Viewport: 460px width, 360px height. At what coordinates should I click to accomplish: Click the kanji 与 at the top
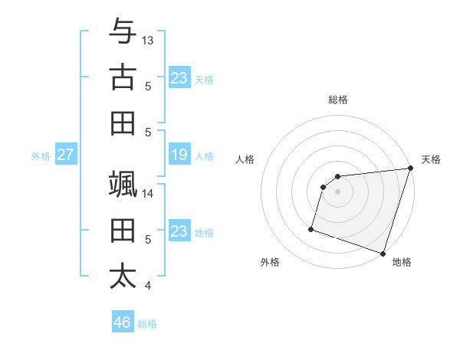point(123,31)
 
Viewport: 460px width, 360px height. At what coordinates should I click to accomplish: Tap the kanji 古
point(123,77)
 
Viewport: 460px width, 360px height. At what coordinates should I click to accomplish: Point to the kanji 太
point(123,277)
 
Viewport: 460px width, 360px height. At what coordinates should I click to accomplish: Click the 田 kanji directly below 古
point(123,123)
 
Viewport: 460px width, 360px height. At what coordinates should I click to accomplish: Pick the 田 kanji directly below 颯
point(123,231)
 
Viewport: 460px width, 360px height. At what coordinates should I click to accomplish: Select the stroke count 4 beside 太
point(148,286)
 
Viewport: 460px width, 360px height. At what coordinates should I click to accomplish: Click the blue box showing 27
point(65,155)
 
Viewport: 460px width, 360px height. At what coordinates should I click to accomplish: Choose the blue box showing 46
point(123,322)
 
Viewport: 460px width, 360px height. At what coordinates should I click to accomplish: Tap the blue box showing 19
point(179,155)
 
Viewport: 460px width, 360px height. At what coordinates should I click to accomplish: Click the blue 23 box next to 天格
point(179,78)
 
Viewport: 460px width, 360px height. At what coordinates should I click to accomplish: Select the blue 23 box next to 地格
point(179,231)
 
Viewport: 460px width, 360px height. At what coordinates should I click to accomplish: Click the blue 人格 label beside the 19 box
point(204,155)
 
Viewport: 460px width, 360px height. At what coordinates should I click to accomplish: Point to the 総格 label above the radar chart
point(338,100)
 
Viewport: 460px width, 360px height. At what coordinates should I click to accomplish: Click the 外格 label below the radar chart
point(270,262)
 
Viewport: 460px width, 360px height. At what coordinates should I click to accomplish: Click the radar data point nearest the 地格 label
point(383,252)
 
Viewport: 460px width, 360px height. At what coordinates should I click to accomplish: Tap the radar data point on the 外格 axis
point(311,228)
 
